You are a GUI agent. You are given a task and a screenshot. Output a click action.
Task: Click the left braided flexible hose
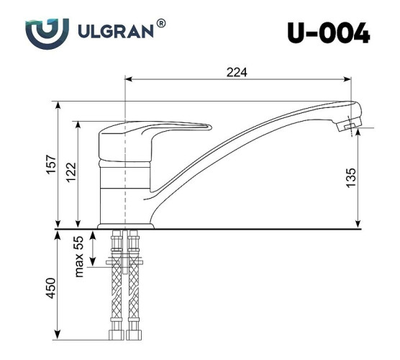pos(116,288)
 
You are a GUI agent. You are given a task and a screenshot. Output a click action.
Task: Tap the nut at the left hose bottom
pos(116,335)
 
